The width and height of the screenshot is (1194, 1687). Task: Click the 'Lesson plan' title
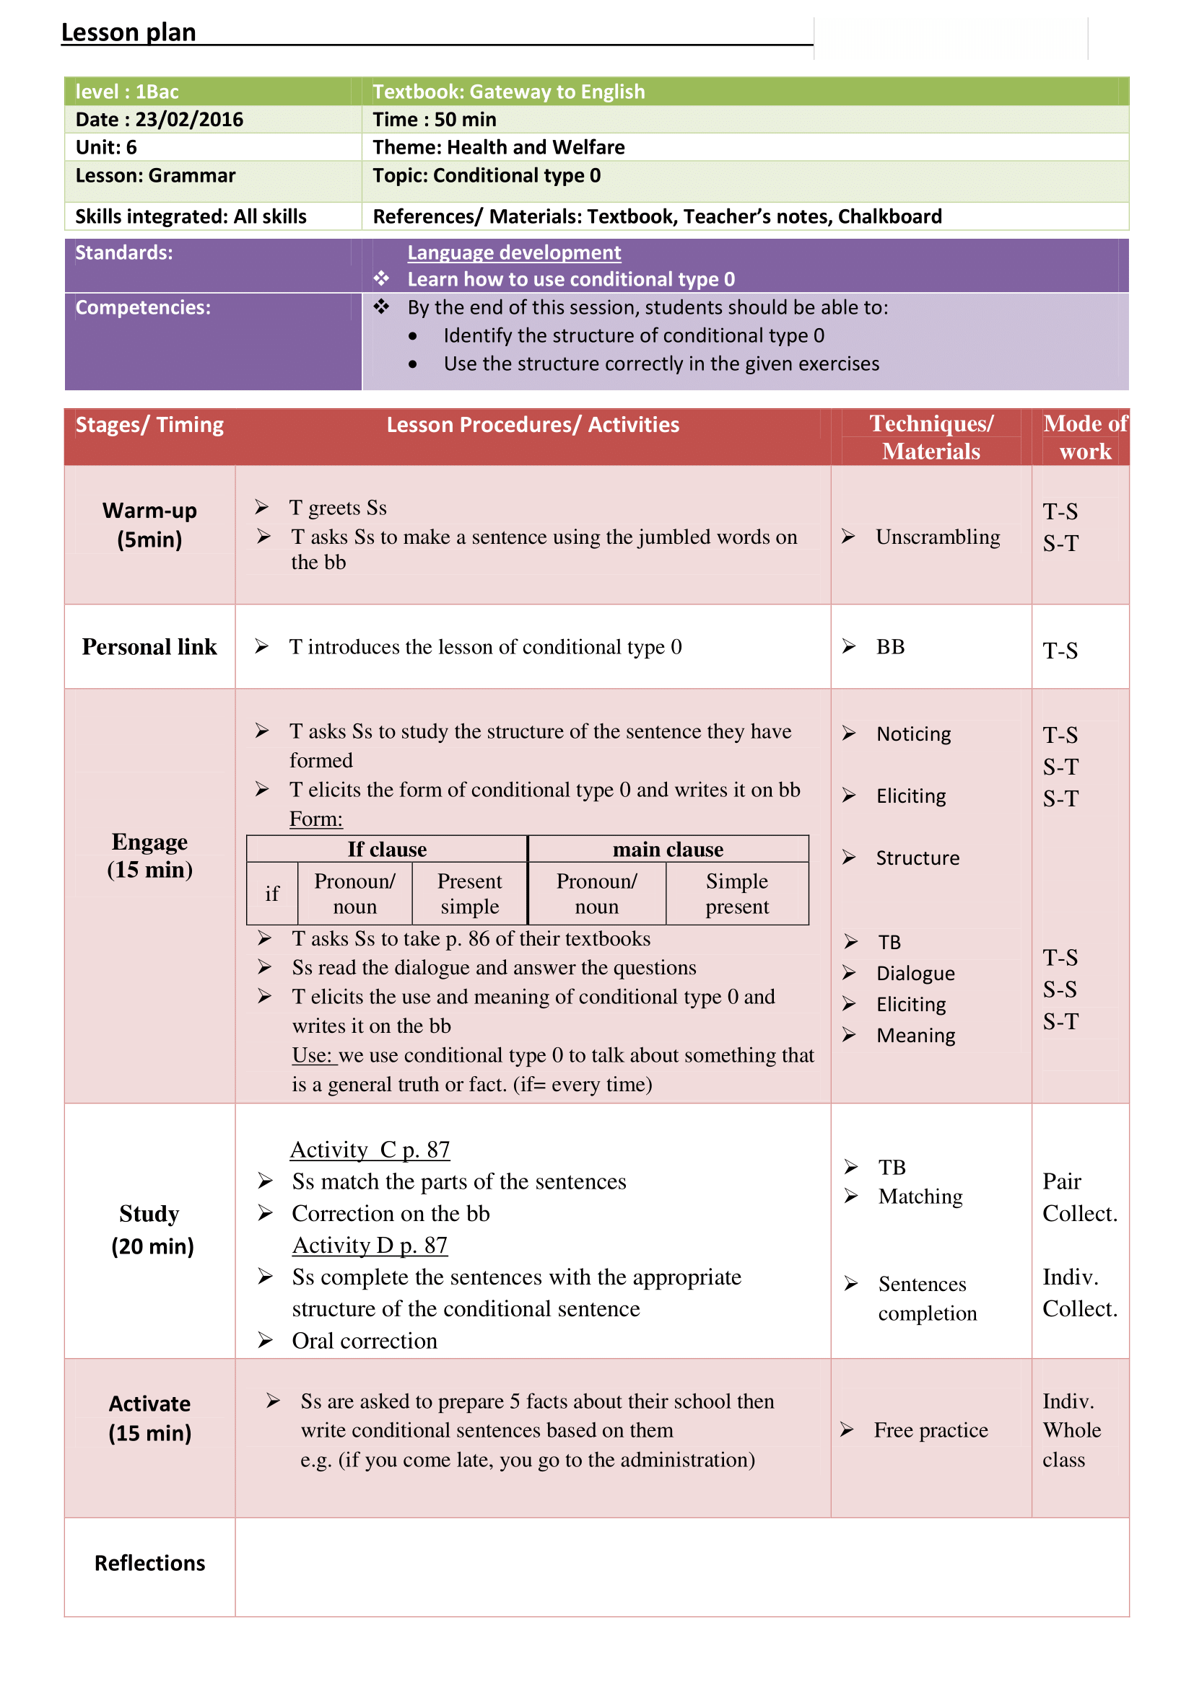128,32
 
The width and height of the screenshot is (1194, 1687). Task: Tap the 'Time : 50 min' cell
434,120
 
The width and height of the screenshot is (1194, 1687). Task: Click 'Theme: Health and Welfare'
499,148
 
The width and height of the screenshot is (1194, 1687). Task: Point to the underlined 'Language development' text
514,252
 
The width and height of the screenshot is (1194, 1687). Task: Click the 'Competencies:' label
143,308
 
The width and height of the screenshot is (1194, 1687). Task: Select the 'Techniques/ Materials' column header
931,437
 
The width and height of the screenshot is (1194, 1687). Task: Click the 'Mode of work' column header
1084,437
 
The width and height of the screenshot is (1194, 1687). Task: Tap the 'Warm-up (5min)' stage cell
149,525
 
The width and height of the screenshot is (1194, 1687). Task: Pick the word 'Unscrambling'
938,537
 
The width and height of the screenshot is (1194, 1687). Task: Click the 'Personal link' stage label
149,647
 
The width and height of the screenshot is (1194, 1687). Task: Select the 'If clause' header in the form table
387,850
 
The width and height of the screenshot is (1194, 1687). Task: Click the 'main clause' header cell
668,850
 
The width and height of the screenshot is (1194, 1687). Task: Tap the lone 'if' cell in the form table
272,894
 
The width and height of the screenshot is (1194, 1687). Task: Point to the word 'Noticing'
913,734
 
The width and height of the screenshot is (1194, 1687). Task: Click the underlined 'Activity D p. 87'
370,1246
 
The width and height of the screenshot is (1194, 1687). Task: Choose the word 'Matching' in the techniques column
920,1197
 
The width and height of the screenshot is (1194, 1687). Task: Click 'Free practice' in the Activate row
930,1430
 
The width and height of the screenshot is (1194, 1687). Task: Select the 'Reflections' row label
149,1564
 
